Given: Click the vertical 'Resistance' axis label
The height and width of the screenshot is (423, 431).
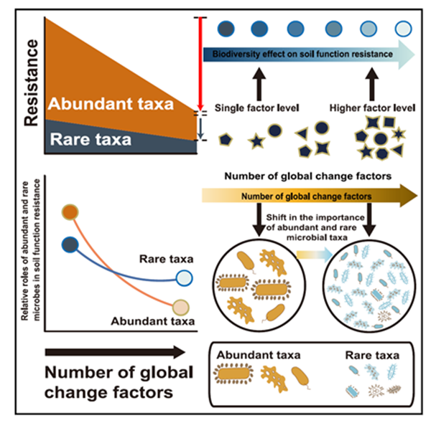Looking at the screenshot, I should tap(31, 82).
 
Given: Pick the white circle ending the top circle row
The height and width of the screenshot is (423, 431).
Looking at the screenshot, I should tap(404, 29).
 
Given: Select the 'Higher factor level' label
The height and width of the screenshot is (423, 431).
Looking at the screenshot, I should tap(372, 108).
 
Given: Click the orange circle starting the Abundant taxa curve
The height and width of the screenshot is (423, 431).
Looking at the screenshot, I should tap(70, 211).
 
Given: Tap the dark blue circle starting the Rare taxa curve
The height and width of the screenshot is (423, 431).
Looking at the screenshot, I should tap(70, 244).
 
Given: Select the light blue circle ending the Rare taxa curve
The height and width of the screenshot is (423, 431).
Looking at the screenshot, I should tap(185, 278).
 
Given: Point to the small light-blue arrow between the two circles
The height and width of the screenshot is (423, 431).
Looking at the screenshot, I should tap(309, 252).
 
